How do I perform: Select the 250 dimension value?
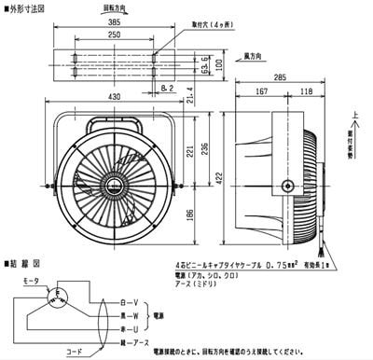[x=113, y=34]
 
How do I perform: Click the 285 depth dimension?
[x=280, y=80]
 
